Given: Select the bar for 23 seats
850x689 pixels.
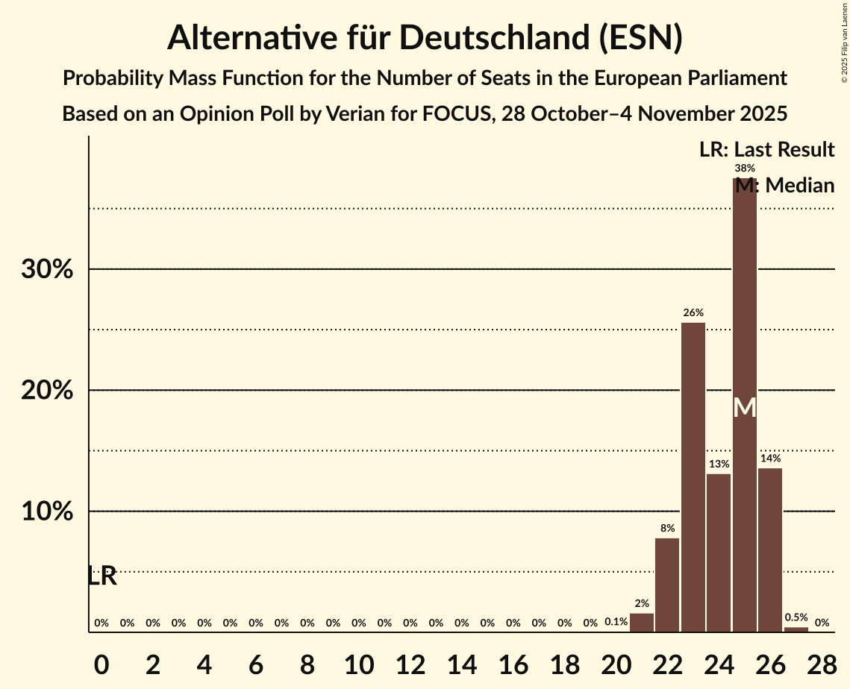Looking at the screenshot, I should (693, 477).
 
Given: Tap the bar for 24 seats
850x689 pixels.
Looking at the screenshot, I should (719, 553).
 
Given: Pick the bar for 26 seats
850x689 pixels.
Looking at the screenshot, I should (770, 550).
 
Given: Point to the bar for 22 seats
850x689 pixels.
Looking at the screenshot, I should (667, 585).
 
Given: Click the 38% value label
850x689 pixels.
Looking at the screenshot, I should (745, 169).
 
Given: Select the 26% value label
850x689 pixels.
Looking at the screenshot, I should (693, 312).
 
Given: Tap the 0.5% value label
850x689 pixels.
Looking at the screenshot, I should (796, 617).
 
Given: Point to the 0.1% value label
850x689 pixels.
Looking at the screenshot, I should (616, 622).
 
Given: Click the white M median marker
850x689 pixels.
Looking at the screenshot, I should (745, 408).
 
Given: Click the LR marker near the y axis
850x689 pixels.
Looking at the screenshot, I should (102, 576).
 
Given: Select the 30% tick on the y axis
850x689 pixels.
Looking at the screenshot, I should (47, 269).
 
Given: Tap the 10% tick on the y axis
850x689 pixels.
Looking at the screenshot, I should (47, 512).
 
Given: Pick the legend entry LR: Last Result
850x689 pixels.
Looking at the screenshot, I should (766, 150).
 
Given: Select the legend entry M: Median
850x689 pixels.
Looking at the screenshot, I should (784, 186).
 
